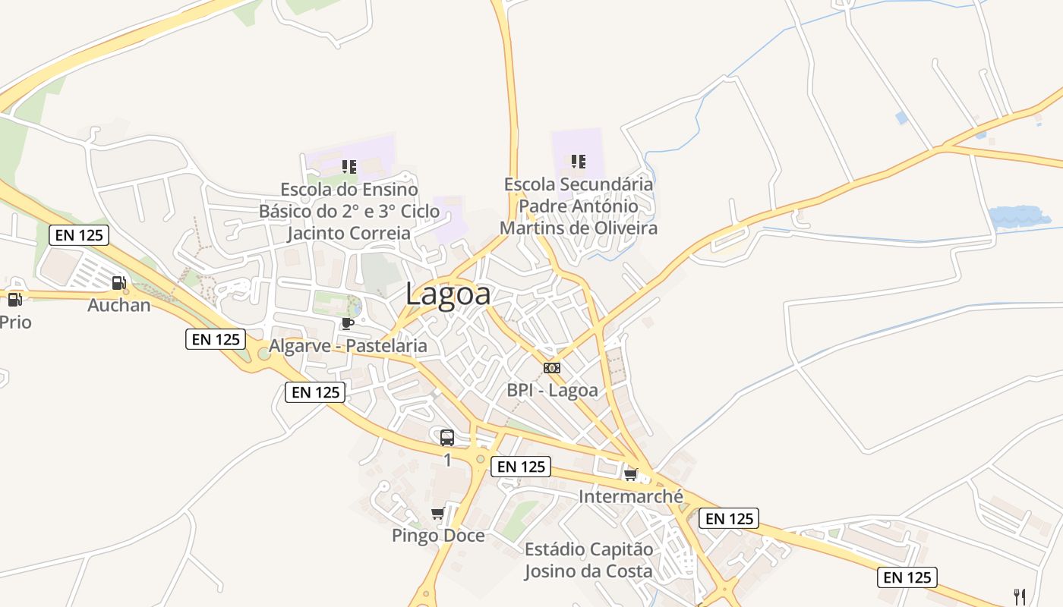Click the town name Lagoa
pos(448,294)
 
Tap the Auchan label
pos(119,306)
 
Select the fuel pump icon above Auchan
pos(118,283)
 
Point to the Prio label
pos(15,322)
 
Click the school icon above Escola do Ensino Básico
pos(349,166)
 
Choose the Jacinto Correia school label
pos(349,211)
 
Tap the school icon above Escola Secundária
pos(579,161)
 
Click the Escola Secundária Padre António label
pos(579,206)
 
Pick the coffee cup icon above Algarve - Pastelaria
pos(348,324)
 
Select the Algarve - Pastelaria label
pos(348,346)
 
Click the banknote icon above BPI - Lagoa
pos(552,368)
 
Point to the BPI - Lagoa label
pos(552,391)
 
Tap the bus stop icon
pos(447,437)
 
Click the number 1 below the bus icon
pos(447,460)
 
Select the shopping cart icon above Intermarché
pos(630,475)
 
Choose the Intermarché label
pos(631,497)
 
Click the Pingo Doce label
pos(438,536)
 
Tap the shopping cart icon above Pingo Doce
pos(437,514)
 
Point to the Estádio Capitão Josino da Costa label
pos(588,560)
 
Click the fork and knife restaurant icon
pos(1020,596)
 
